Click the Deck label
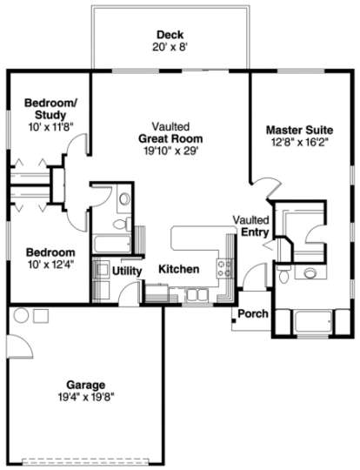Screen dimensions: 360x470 coord(170,35)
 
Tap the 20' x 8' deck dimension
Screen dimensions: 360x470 coord(170,47)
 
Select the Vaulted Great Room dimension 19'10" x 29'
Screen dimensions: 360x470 coord(171,151)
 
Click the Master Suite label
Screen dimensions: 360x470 coord(299,130)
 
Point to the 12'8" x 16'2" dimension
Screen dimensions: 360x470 coord(299,142)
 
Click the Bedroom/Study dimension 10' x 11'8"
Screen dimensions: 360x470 coord(50,127)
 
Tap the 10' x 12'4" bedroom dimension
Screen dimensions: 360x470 coord(50,265)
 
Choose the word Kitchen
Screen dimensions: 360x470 coord(179,269)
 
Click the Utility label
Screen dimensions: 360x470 coord(127,271)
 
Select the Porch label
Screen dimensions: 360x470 coord(253,314)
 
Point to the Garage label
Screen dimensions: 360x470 coord(86,386)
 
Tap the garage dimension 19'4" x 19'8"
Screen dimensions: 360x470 coord(86,397)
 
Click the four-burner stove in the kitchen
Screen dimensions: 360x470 coord(225,268)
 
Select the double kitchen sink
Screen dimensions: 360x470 coord(197,295)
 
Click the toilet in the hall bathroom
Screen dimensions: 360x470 coord(123,224)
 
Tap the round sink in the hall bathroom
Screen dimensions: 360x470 coord(124,198)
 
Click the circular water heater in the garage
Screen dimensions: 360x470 coord(22,315)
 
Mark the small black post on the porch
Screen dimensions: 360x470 coord(233,320)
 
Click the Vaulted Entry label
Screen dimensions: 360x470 coord(251,226)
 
